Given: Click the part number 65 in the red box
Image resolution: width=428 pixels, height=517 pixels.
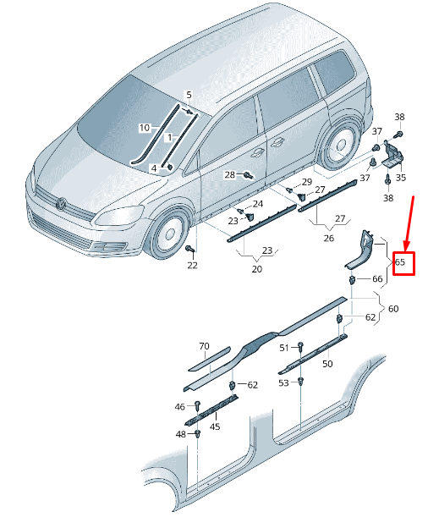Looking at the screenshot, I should coord(401,263).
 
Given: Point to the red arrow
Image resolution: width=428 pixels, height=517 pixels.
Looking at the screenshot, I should coord(408,223).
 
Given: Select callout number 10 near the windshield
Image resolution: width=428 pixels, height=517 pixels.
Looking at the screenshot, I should coord(145,128).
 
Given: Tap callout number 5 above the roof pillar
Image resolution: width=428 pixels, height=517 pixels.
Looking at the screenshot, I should coord(189,95).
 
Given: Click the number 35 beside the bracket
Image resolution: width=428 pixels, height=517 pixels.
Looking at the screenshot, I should coord(400,178).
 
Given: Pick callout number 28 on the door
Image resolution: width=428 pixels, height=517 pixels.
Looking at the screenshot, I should coord(229,174).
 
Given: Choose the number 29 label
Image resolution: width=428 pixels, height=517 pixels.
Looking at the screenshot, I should coord(306,183).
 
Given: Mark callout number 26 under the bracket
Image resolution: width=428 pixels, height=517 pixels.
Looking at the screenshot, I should coord(329,238).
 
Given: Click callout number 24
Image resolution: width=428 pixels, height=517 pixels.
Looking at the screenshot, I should coord(258,204).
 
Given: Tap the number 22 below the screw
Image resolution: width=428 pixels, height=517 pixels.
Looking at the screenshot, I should coord(192,266).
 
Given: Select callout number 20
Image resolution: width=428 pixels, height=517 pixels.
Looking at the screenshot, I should coord(257,269).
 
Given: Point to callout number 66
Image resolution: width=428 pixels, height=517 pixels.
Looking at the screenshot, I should coord(377,278).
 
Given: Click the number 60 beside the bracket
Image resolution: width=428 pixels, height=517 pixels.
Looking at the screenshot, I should coord(393,309).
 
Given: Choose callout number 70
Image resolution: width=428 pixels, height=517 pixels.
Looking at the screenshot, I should coord(203,345).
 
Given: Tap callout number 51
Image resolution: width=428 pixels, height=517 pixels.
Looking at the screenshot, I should coord(284,347).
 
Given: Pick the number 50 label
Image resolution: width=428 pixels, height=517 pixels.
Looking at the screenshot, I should coord(326,363).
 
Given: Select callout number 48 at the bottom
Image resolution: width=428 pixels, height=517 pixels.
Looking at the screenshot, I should coord(180,434).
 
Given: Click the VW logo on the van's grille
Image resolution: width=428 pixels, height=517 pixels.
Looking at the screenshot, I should coord(61,203).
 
